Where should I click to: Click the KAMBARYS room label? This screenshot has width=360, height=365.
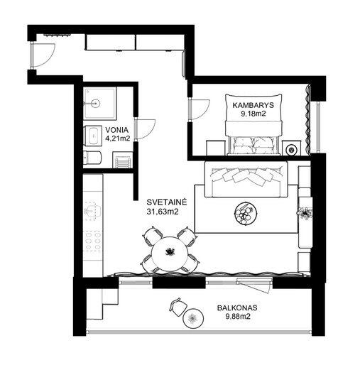tap(253, 105)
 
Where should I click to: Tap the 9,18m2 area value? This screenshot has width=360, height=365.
tap(253, 114)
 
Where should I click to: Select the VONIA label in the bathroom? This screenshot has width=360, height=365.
tap(117, 130)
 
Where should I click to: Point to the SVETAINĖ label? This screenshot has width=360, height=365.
tap(167, 202)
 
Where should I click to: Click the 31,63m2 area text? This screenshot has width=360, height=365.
tap(163, 212)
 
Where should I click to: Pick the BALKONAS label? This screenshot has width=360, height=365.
tap(237, 307)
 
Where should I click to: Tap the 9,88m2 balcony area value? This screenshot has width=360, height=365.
tap(238, 317)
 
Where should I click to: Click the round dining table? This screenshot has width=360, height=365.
tap(170, 254)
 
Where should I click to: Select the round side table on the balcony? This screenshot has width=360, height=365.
tap(193, 318)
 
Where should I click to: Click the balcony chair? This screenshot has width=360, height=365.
tap(178, 307)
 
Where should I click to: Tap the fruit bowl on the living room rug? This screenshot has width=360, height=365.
tap(246, 213)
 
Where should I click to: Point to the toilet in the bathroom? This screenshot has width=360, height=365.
tap(92, 158)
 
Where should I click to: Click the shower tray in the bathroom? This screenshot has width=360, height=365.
tap(100, 104)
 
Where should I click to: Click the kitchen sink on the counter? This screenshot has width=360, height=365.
tap(93, 211)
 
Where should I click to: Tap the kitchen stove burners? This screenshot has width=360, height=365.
tap(93, 241)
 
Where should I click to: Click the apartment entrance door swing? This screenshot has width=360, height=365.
tap(45, 55)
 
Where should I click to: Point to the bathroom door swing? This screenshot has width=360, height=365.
tap(146, 129)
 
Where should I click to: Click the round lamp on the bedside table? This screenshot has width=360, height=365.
tap(290, 150)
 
